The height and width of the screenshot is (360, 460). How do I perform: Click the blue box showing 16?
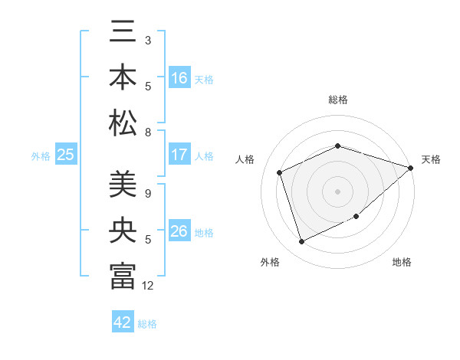click(179, 78)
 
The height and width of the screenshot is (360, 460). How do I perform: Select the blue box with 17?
click(179, 155)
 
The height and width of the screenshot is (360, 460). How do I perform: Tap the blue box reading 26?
click(179, 232)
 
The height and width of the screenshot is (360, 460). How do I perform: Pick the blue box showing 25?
click(66, 155)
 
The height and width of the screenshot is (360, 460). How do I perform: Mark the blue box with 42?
click(123, 322)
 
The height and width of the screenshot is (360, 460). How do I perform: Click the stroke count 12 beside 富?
click(148, 286)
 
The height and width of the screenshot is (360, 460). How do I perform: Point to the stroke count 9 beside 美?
click(148, 194)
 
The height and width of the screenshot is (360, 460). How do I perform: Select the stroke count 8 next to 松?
click(148, 133)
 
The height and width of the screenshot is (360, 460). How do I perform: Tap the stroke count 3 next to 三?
click(148, 39)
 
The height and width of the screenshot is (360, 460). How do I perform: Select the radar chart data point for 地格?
click(356, 216)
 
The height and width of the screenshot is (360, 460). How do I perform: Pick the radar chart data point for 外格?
click(302, 242)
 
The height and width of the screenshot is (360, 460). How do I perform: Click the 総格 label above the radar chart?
click(338, 100)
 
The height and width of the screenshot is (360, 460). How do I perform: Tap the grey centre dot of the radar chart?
click(338, 191)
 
